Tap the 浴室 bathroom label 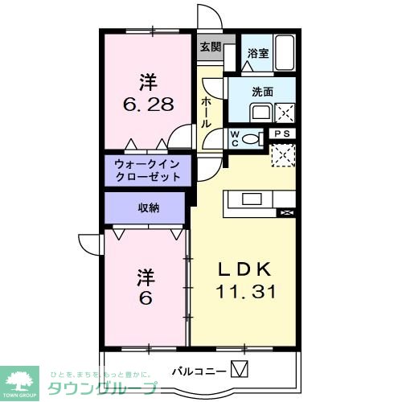click(x=257, y=54)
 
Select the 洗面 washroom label click(x=263, y=92)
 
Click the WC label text click(x=235, y=137)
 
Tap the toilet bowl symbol click(x=253, y=138)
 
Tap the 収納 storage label click(x=148, y=207)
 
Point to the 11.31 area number click(x=245, y=292)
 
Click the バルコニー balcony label click(x=198, y=371)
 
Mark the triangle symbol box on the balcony click(x=240, y=370)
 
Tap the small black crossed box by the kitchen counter click(x=284, y=212)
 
